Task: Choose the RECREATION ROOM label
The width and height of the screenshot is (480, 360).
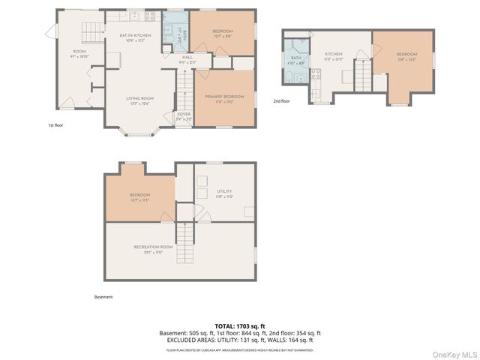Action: [x=153, y=249]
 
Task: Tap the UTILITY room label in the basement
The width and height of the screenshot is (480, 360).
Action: [x=224, y=193]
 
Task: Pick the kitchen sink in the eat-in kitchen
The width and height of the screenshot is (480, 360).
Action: [x=134, y=16]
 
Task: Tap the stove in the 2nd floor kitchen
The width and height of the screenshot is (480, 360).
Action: [x=316, y=74]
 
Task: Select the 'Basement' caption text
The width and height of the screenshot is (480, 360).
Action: [x=103, y=297]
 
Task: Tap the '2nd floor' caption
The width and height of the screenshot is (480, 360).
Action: [x=281, y=100]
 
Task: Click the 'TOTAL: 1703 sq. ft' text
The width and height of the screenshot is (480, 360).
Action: [x=240, y=326]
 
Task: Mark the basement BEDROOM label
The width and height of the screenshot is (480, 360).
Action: [x=139, y=196]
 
